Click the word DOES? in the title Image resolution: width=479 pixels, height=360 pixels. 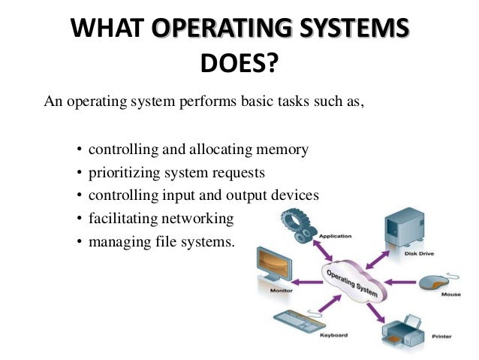239,66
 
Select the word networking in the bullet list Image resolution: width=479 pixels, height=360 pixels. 203,219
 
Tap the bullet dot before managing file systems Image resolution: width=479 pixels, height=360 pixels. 80,243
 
